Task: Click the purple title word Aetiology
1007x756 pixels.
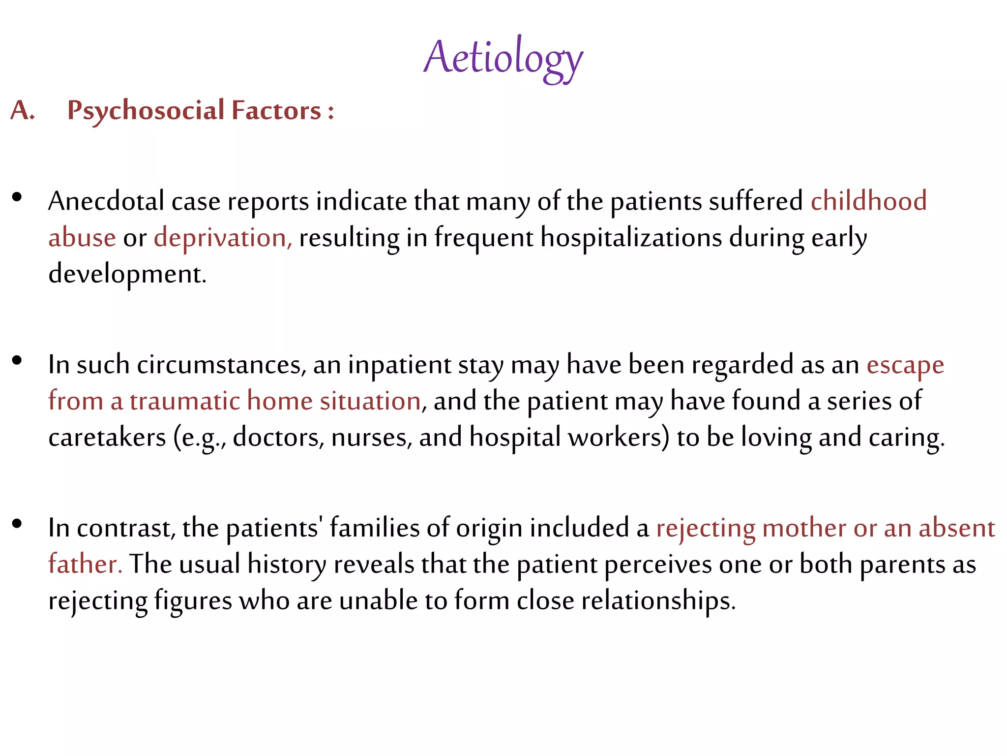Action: [503, 58]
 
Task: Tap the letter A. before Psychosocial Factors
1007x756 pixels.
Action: [22, 110]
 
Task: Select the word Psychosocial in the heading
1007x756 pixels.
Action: [146, 110]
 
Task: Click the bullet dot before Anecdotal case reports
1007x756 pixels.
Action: [17, 197]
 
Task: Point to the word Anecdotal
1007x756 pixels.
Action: [106, 201]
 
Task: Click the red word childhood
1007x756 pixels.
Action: [868, 201]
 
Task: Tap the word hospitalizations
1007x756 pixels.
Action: [631, 238]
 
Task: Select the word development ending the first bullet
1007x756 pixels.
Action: [126, 274]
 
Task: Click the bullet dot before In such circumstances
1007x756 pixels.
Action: [17, 361]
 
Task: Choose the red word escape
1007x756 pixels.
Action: [905, 365]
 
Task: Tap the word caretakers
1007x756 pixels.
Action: [107, 437]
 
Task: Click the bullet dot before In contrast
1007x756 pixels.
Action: [17, 524]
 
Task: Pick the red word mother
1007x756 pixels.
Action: [804, 528]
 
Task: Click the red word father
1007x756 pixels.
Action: [85, 564]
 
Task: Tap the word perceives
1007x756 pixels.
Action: [657, 564]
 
